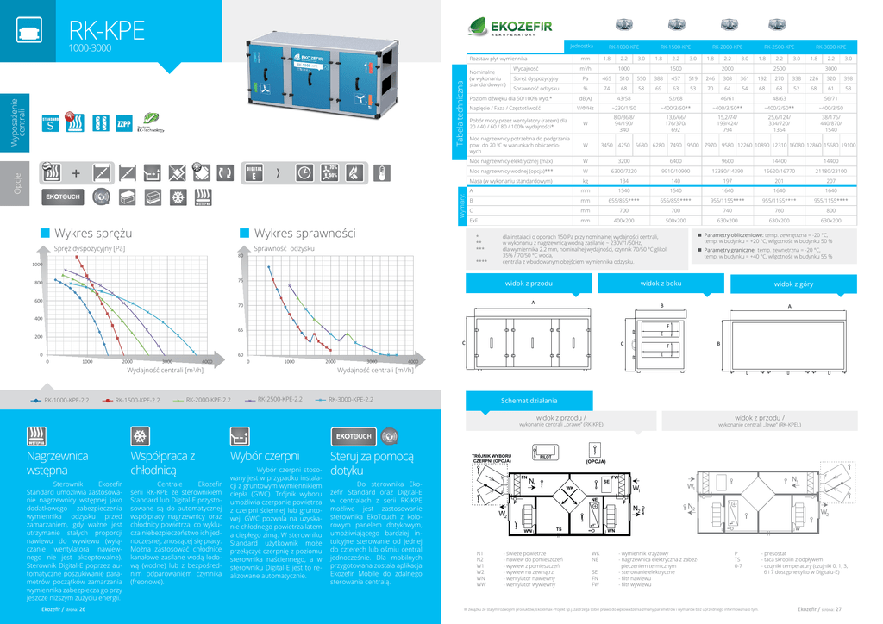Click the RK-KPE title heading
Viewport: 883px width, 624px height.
pyautogui.click(x=106, y=31)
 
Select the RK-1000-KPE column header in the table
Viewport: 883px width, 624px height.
pyautogui.click(x=623, y=47)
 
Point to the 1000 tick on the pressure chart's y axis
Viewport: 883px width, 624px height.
pyautogui.click(x=37, y=265)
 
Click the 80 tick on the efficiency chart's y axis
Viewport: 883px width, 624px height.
pyautogui.click(x=241, y=256)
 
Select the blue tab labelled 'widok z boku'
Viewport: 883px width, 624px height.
pyautogui.click(x=661, y=283)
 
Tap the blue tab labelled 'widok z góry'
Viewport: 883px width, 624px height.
pyautogui.click(x=792, y=284)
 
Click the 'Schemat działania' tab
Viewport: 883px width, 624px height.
pyautogui.click(x=529, y=401)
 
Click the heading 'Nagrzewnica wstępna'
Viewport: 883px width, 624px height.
pyautogui.click(x=58, y=463)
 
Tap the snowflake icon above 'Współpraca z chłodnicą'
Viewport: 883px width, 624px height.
pyautogui.click(x=140, y=435)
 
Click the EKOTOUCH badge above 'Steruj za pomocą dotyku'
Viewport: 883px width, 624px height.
pyautogui.click(x=353, y=435)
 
